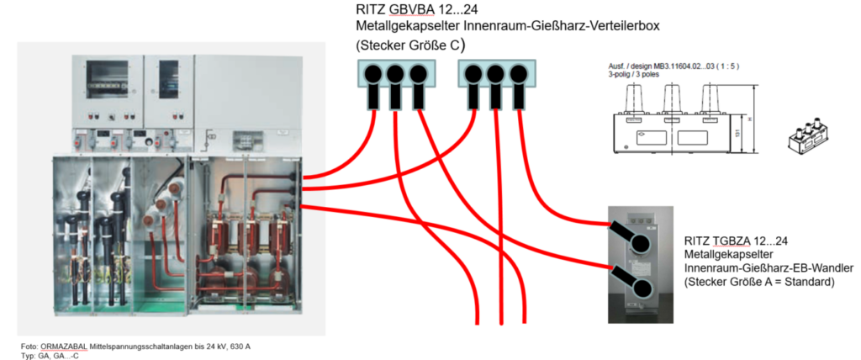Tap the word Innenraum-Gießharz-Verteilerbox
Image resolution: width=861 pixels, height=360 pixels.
point(556,26)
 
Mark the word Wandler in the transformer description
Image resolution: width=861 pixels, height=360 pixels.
point(830,267)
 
